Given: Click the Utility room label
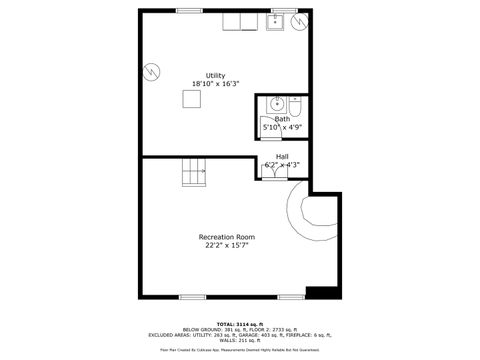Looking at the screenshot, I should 215,76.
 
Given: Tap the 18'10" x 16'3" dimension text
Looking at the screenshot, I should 215,85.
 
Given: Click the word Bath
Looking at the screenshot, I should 283,119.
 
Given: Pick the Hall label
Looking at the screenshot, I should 281,156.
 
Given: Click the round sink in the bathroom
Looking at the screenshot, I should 277,105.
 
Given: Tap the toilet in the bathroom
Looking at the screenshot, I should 298,107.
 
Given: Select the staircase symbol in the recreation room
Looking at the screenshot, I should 193,176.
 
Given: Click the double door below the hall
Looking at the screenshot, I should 273,172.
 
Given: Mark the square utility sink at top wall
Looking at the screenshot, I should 276,21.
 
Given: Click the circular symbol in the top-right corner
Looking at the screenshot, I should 299,24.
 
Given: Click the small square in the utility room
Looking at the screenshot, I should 192,98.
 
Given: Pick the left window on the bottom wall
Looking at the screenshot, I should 192,296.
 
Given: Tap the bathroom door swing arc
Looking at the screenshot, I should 296,128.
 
